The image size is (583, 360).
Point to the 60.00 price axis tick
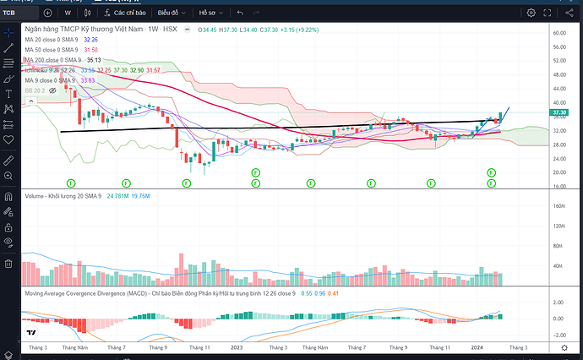click(x=558, y=32)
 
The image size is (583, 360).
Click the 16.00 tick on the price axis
click(x=558, y=186)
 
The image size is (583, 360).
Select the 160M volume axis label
click(x=558, y=205)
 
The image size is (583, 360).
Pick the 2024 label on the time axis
click(x=478, y=347)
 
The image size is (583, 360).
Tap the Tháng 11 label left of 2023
click(x=199, y=347)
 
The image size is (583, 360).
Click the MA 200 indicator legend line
click(x=53, y=60)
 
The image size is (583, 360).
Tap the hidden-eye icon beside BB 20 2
click(x=52, y=90)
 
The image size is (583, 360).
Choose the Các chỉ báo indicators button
click(x=127, y=14)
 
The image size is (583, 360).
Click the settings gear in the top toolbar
click(x=531, y=14)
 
